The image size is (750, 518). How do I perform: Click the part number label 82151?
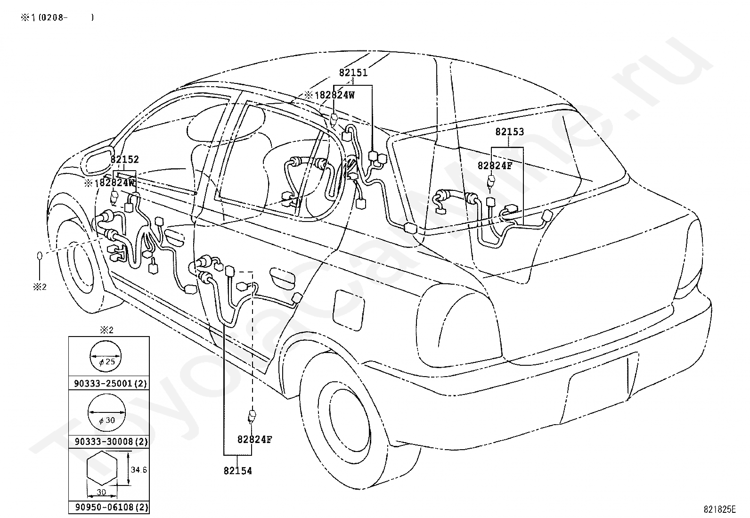pos(353,73)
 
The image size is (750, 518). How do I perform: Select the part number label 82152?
pos(124,159)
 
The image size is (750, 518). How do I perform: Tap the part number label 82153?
pos(509,132)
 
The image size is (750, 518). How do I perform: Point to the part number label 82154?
pos(238,471)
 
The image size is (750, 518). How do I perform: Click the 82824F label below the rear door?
pos(254,439)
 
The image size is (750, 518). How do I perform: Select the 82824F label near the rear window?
pos(495,165)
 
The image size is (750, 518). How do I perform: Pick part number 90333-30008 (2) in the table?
pos(111,442)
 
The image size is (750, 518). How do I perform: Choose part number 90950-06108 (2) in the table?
pos(112,507)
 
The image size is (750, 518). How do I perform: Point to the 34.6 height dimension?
pos(139,470)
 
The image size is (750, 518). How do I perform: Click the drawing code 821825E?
pos(719,509)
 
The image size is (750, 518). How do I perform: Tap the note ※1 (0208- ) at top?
pos(57,17)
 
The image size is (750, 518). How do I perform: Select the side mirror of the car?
pos(97,163)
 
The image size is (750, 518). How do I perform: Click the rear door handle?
pos(282,277)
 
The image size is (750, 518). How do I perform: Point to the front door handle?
pos(174,235)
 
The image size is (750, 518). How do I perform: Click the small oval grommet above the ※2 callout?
pos(40,255)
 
